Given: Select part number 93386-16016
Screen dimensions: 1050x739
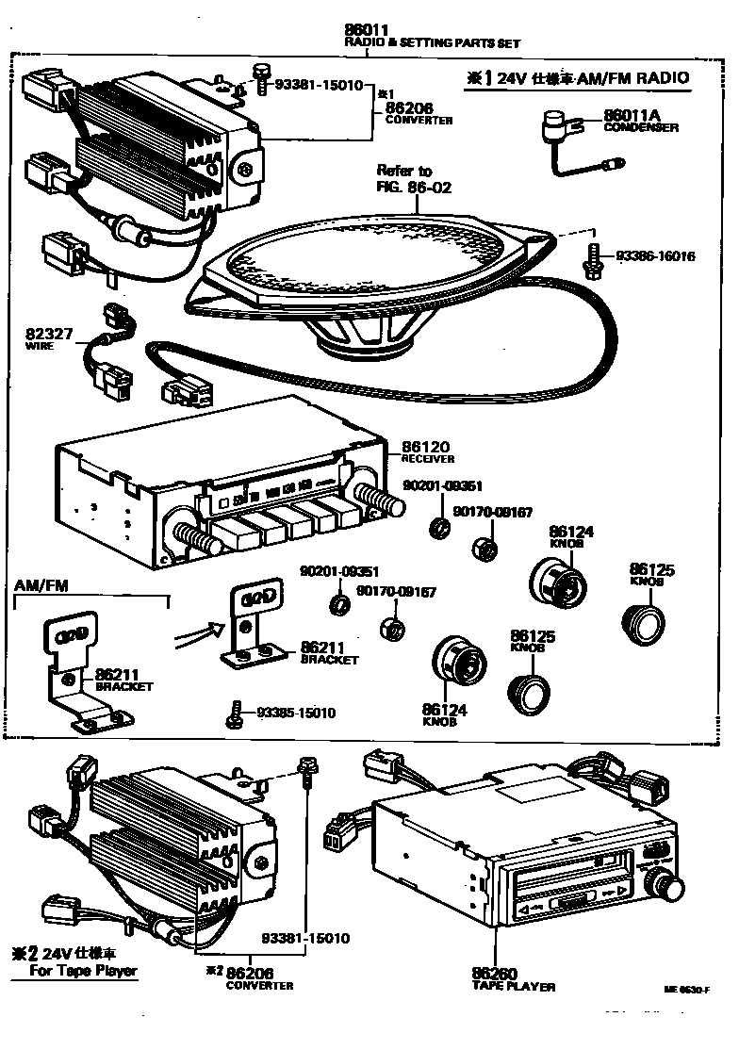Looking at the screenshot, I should (656, 256).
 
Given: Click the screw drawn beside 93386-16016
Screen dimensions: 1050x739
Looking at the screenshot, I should (592, 259).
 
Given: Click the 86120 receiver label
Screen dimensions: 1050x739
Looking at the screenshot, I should (427, 451).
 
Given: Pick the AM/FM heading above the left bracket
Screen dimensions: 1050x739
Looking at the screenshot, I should (37, 585).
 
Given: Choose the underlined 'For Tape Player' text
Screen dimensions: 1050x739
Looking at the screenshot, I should (83, 971).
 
